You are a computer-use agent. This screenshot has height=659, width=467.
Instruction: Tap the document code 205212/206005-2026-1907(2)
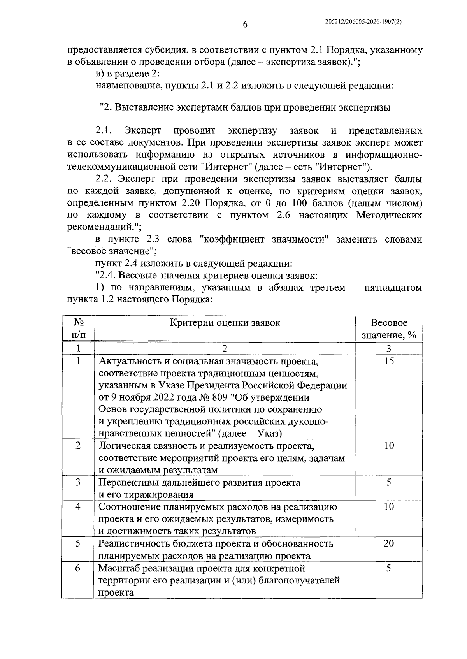(x=363, y=23)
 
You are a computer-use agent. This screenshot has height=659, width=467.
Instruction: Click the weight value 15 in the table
(x=388, y=361)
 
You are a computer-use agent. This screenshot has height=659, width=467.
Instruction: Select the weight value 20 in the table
(x=388, y=543)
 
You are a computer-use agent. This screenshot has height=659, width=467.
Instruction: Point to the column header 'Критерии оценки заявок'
(x=225, y=323)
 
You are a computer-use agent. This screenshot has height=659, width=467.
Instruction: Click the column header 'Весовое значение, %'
(x=388, y=329)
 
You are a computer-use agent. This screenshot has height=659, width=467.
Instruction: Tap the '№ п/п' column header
(x=78, y=329)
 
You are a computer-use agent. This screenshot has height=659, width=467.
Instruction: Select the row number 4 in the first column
(x=78, y=507)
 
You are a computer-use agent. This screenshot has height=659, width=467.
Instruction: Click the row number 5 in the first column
(x=78, y=543)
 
